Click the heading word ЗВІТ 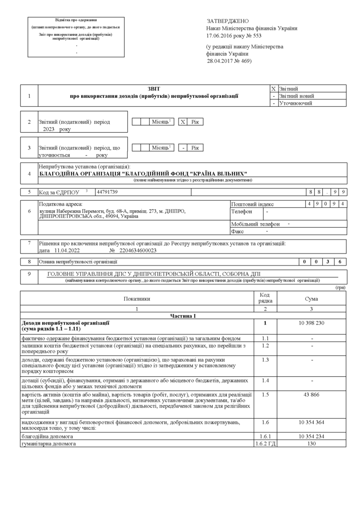(154, 88)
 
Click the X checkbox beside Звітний (273, 88)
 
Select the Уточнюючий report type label (296, 103)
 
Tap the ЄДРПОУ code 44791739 (107, 191)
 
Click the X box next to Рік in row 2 (183, 122)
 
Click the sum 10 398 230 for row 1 (312, 323)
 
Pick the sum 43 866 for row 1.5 (312, 394)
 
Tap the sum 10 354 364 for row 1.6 (312, 422)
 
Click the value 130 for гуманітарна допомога (312, 443)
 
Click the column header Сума (312, 299)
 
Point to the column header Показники (137, 299)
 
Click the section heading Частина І (183, 316)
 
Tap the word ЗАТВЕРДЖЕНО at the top (227, 21)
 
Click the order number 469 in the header (245, 61)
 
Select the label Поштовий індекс (253, 204)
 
